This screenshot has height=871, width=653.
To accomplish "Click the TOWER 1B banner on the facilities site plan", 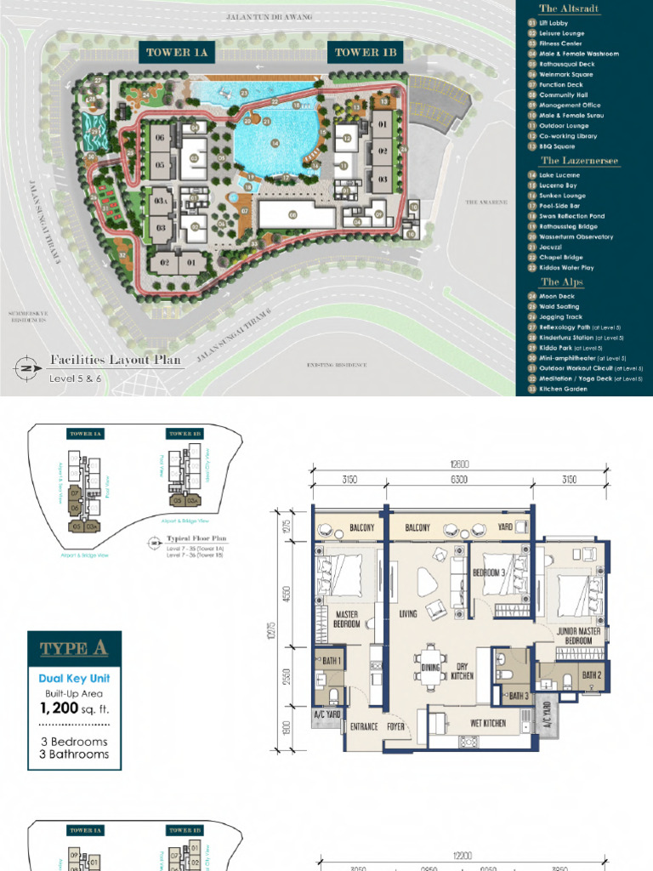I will coord(366,53).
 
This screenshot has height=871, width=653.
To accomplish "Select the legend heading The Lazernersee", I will coord(580,161).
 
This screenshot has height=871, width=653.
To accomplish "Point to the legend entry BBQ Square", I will coord(557,146).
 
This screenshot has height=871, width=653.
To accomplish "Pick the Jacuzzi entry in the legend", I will coord(552,248).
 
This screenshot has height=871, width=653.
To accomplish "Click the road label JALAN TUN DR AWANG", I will coord(270,17).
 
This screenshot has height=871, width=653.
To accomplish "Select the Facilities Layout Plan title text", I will coord(116,360).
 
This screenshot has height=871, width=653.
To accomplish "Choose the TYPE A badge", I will coord(74,649).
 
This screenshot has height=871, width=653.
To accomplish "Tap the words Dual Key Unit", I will coord(74,679).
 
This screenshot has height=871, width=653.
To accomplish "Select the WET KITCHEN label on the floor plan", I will coord(488,723).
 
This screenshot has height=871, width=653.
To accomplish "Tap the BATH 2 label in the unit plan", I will coord(592,675).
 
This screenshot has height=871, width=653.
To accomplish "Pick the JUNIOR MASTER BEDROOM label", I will coord(579,636).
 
